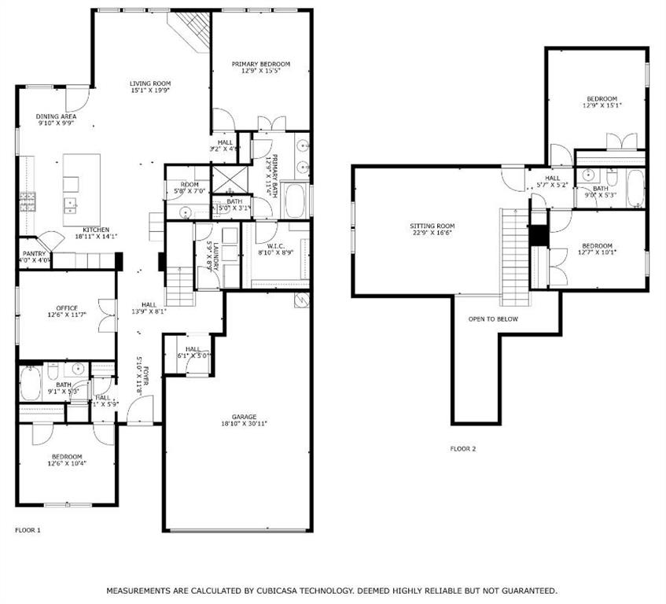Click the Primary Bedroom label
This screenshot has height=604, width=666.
coord(260,64)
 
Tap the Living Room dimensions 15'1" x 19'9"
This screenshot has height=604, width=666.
coord(150,90)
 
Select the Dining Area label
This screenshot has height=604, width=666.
coord(56,116)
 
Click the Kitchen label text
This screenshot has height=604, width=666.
coord(96,229)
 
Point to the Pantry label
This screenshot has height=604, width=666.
coord(34,253)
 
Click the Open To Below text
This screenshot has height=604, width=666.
coord(493,319)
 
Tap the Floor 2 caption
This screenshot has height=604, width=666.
coord(462,449)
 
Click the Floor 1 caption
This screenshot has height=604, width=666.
coord(28,530)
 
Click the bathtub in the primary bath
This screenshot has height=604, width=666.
coord(296,201)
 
